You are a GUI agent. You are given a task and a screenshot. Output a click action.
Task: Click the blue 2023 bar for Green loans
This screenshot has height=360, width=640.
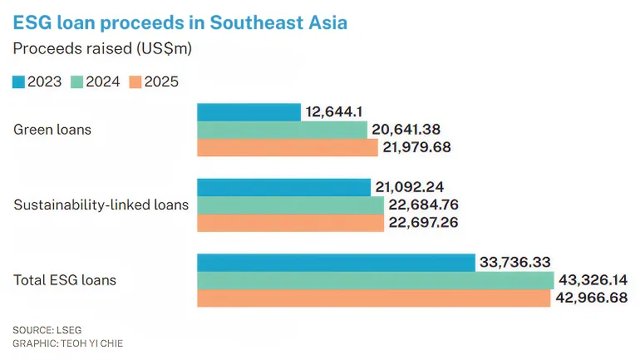coord(249,112)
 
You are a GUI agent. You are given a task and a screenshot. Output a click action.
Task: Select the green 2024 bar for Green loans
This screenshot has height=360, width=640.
coord(282,130)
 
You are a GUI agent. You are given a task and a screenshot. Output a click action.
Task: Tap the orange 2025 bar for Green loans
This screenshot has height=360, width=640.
coord(288,148)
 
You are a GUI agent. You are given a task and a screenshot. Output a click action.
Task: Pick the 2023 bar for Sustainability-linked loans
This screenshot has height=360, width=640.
coord(283,187)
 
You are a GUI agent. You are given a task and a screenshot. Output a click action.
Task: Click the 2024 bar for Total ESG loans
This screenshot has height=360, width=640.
coord(375,280)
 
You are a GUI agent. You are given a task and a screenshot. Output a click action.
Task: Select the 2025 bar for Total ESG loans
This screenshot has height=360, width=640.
coord(373,298)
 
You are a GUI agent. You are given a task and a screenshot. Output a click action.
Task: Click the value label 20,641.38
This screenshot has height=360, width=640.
coord(407,130)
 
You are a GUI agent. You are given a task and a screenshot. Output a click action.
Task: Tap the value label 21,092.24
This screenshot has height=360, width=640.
coord(411,187)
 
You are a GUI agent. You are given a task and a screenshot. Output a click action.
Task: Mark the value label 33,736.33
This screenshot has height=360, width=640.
coord(514,262)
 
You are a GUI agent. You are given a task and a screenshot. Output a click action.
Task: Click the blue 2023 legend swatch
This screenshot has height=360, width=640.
coord(19,81)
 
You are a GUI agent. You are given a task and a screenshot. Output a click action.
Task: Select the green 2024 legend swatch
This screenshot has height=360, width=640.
coord(77,81)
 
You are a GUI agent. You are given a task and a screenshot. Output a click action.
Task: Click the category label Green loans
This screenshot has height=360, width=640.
coord(52,130)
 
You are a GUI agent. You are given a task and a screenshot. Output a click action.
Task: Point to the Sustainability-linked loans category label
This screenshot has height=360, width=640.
coord(101,205)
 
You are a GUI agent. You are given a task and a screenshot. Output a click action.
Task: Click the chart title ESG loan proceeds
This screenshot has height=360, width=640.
coord(180,22)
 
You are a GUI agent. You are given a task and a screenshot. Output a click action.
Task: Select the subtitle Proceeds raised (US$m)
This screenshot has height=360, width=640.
coord(102,49)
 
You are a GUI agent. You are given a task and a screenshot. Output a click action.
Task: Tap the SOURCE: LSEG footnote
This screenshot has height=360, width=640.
coord(48,330)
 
